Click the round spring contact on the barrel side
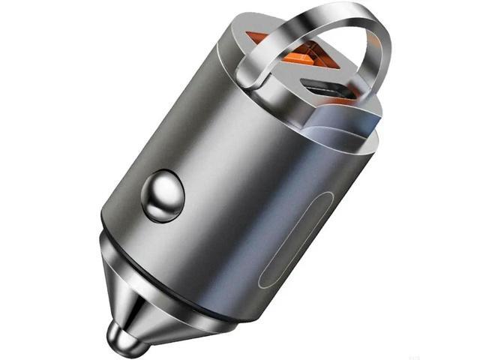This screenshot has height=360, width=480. [x=163, y=196]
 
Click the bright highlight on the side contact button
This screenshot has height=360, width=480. [x=157, y=187]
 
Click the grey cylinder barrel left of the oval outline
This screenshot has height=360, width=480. [x=225, y=187]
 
